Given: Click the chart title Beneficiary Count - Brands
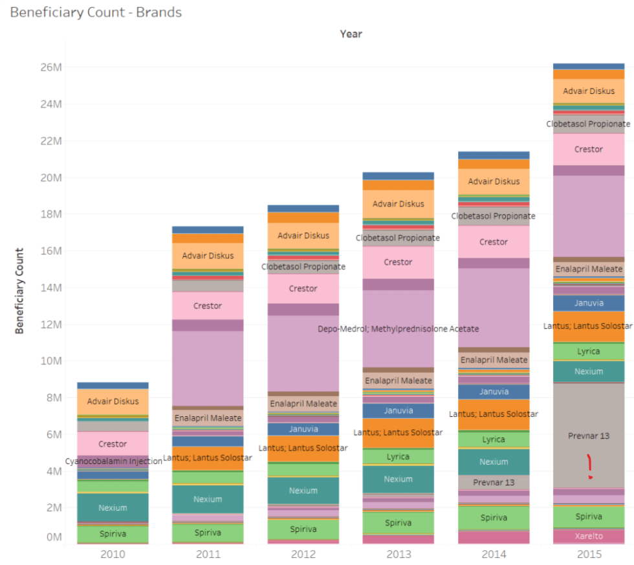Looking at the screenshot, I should [96, 12].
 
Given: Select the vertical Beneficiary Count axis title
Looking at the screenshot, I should [19, 291].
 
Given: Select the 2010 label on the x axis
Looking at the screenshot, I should [113, 554].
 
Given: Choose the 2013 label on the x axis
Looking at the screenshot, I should [398, 554].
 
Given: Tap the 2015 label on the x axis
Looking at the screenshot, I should [589, 554].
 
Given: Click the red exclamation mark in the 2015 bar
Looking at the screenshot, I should [589, 467].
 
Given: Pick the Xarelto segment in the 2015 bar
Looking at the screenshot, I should [589, 536].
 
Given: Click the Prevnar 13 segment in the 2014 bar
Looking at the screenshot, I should [494, 482].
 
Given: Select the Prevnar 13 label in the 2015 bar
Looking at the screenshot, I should [589, 436].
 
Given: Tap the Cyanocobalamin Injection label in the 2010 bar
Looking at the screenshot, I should [113, 461].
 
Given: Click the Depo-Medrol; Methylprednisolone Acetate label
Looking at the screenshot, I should [398, 329].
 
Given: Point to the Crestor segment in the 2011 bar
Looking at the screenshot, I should [208, 305].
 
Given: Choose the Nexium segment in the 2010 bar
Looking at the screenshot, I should [113, 508].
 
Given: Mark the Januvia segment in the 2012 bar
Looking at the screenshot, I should [303, 429].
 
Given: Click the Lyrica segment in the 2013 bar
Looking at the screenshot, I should [398, 456].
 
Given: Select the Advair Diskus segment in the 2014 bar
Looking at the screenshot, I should [494, 181].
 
